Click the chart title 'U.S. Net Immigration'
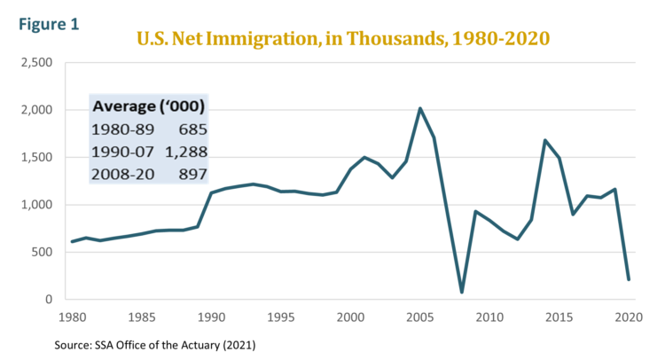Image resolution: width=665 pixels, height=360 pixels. pyautogui.click(x=342, y=38)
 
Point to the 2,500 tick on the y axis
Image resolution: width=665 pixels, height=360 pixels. pyautogui.click(x=36, y=63)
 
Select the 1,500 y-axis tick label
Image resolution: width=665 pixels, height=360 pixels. pyautogui.click(x=36, y=158)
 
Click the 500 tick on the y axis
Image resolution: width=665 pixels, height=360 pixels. pyautogui.click(x=42, y=253)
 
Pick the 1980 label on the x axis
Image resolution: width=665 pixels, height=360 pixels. pyautogui.click(x=71, y=317)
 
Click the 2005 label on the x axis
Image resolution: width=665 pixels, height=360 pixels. pyautogui.click(x=419, y=317)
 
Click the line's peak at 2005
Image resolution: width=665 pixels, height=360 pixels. pyautogui.click(x=419, y=108)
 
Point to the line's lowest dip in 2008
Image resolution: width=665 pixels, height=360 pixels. pyautogui.click(x=461, y=292)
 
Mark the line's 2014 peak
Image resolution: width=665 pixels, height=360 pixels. pyautogui.click(x=544, y=140)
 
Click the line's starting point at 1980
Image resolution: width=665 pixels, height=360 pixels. pyautogui.click(x=71, y=241)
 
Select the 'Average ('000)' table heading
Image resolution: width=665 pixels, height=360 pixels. pyautogui.click(x=149, y=106)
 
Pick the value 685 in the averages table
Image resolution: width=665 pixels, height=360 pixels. pyautogui.click(x=194, y=129)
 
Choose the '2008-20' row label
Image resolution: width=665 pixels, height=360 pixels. pyautogui.click(x=119, y=174)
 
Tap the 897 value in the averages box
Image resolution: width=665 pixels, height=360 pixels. pyautogui.click(x=194, y=174)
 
